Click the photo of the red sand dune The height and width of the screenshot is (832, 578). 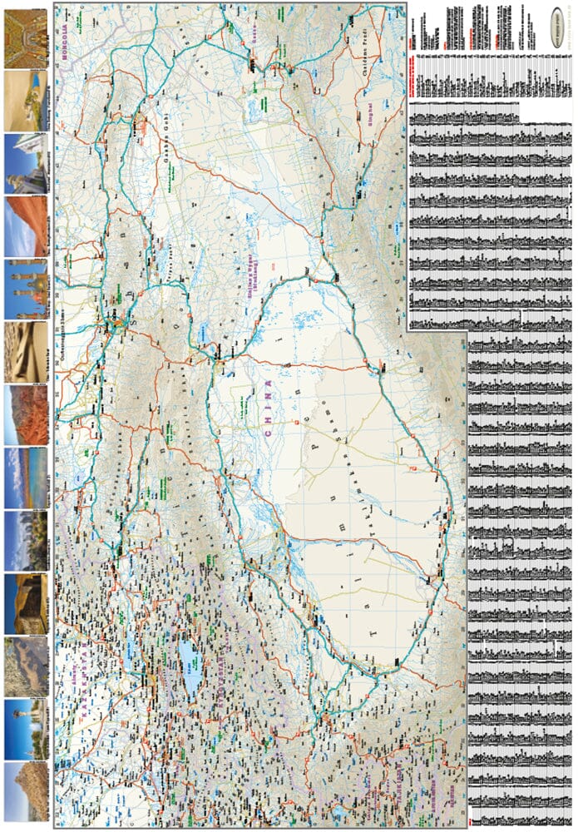(x=25, y=225)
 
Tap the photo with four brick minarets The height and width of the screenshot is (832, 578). (x=25, y=288)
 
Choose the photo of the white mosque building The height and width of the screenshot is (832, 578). (x=25, y=161)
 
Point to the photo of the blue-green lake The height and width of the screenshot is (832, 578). (x=25, y=478)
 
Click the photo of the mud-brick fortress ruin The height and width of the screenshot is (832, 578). (x=25, y=603)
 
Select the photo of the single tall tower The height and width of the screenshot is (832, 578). (x=25, y=729)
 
